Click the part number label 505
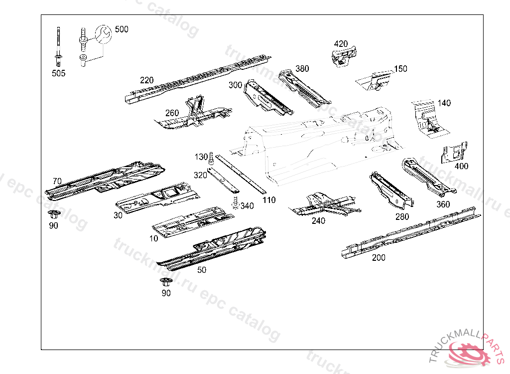coord(59,73)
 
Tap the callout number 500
coord(122,29)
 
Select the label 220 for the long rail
coord(146,80)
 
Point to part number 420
coord(341,44)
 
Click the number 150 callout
coord(400,69)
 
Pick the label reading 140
coord(444,103)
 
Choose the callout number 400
coord(462,166)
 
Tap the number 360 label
coord(443,204)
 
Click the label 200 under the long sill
coord(379,257)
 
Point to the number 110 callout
coord(269,200)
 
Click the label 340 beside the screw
coord(247,206)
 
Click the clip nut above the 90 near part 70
coord(52,215)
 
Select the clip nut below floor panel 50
coord(165,283)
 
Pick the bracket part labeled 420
coord(344,55)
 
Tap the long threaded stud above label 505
coord(59,40)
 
